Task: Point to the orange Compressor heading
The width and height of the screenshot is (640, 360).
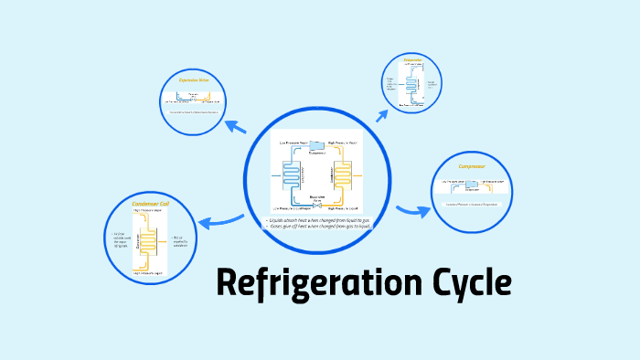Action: point(472,167)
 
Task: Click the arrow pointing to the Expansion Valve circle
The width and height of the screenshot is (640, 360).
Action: point(235,126)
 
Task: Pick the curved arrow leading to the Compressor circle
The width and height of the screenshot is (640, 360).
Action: point(413,211)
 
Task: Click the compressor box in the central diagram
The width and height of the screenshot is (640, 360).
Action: point(317,146)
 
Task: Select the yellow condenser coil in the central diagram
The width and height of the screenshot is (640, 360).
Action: point(346,176)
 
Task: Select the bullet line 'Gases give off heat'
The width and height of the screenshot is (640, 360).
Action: point(316,227)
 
